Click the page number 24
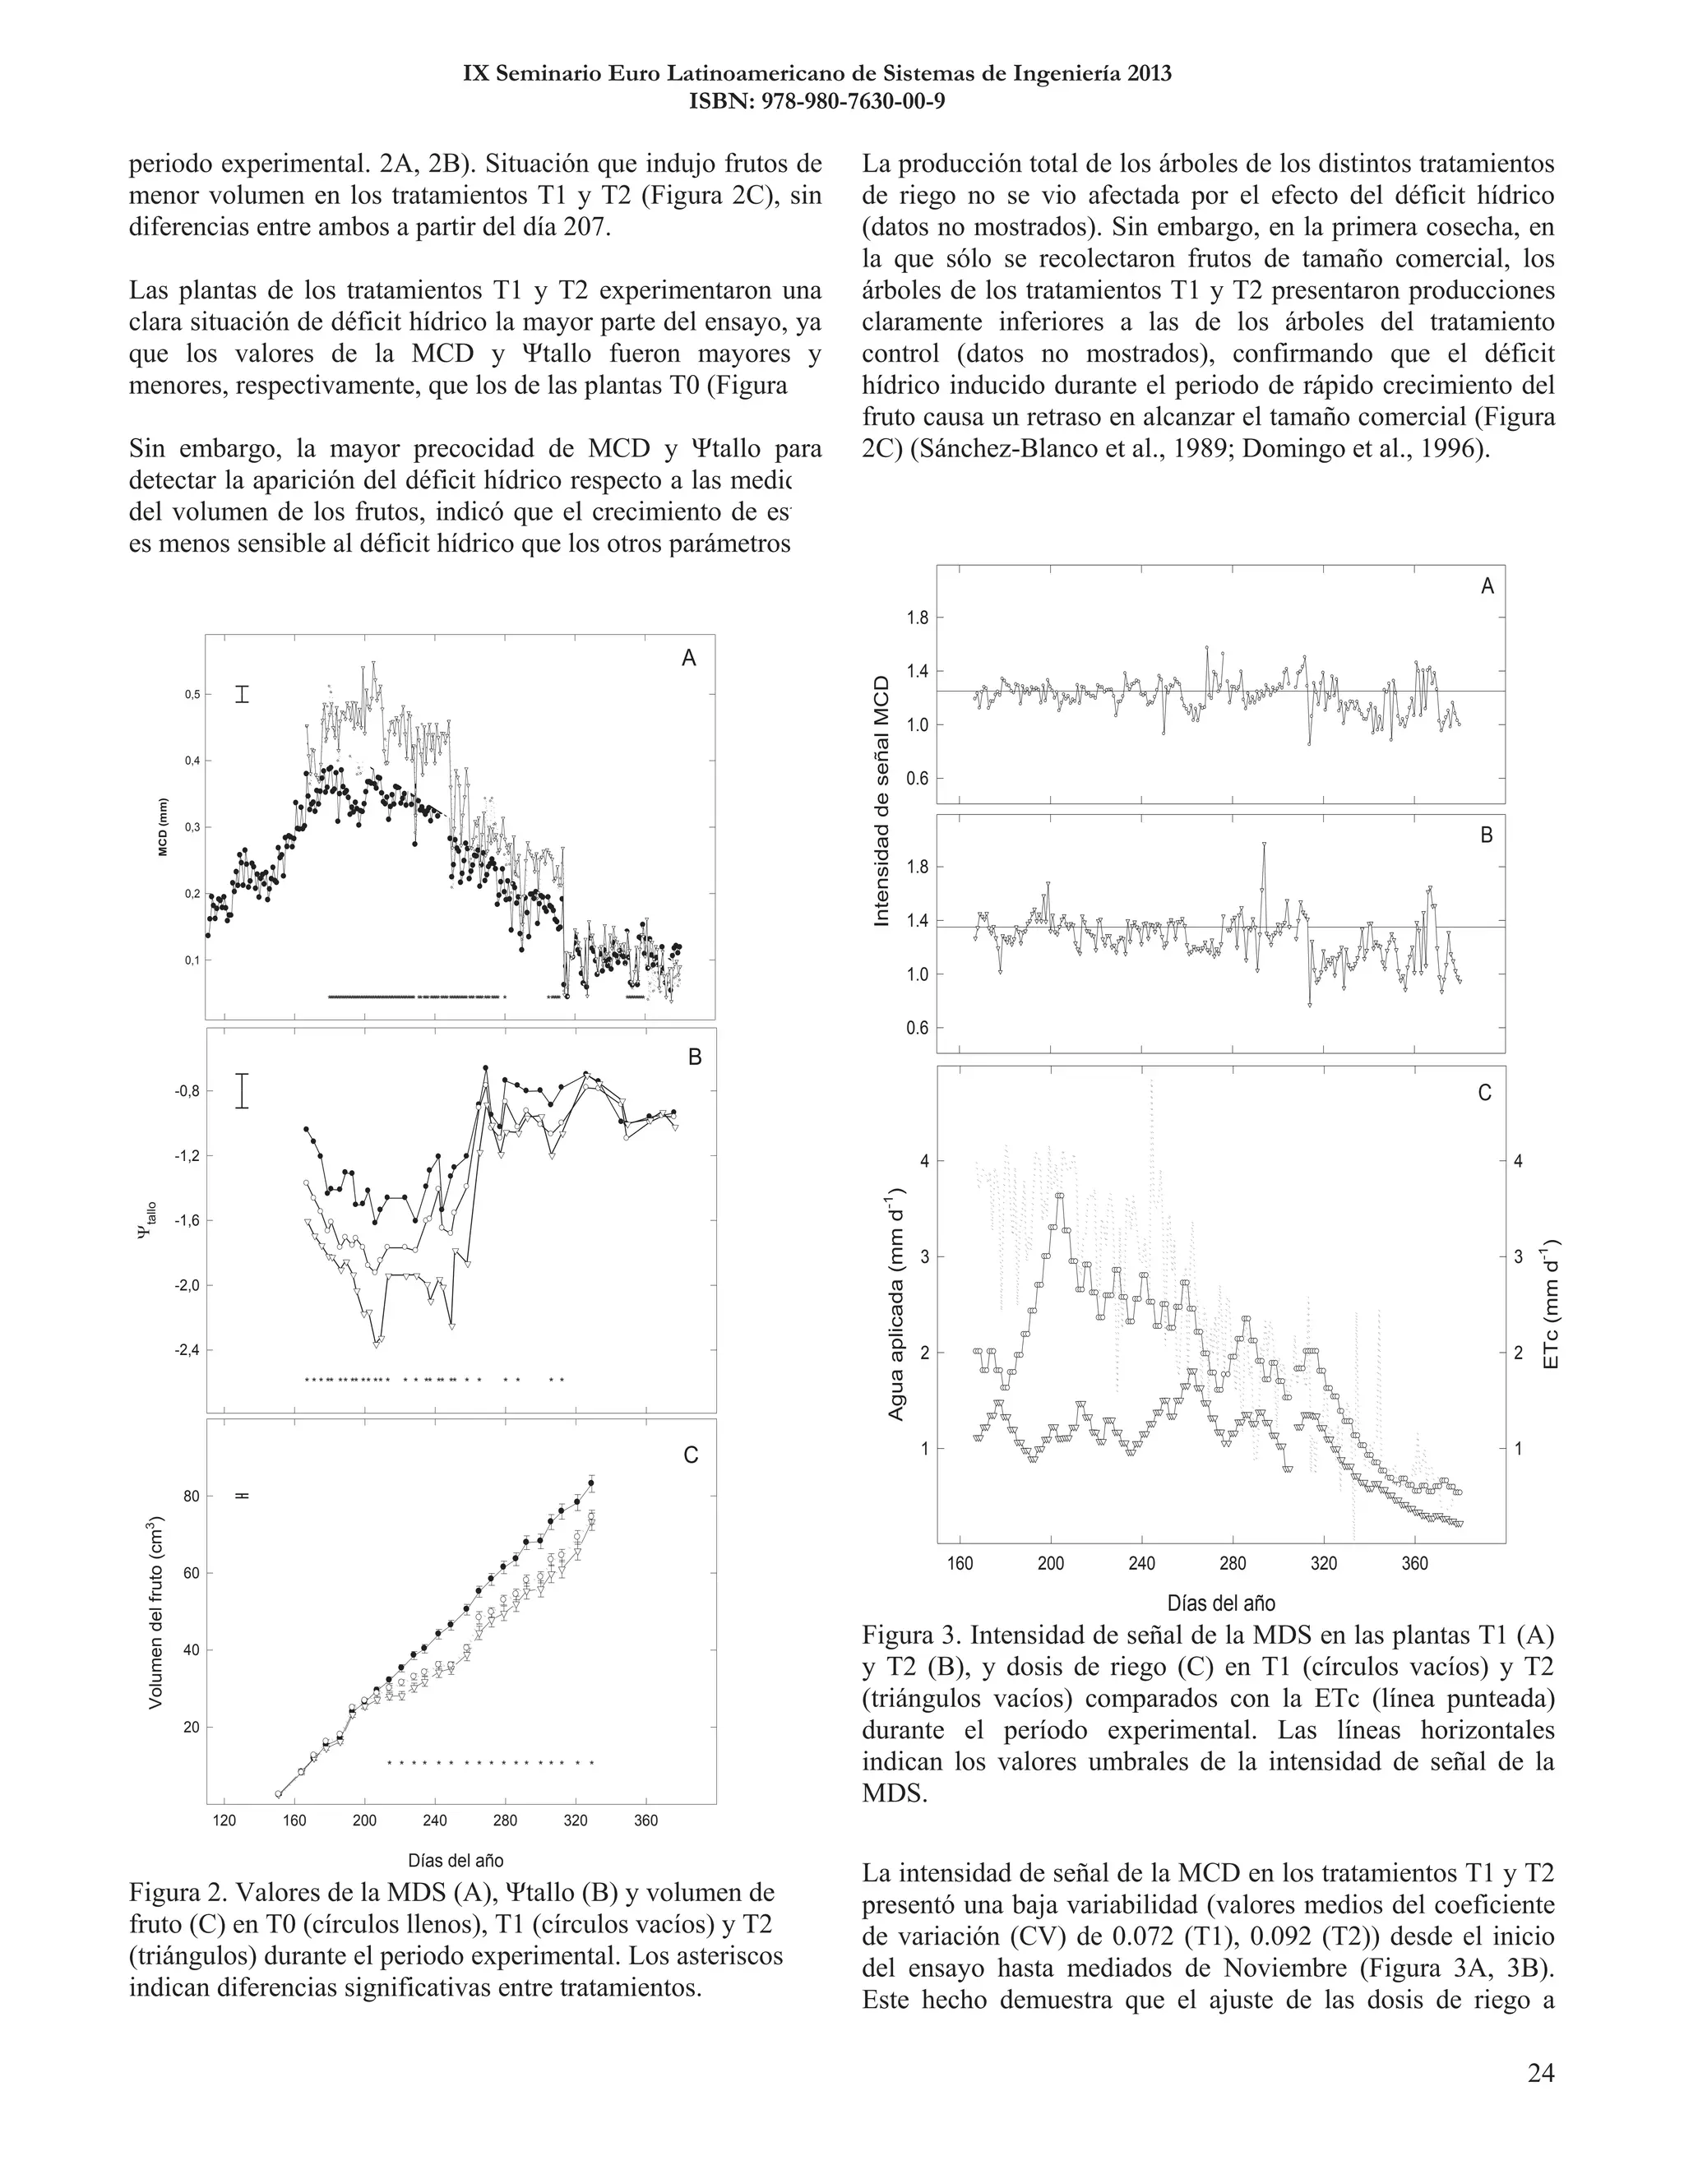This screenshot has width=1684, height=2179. (1539, 2073)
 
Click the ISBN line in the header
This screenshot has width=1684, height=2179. (817, 101)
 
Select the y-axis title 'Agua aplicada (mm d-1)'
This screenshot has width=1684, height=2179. (896, 1304)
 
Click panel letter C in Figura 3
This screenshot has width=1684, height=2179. (1483, 1094)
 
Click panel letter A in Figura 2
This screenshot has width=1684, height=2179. (688, 658)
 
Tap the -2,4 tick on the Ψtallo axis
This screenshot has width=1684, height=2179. (187, 1350)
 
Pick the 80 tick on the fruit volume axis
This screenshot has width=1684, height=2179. (191, 1497)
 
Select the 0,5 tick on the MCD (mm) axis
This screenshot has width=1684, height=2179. (191, 695)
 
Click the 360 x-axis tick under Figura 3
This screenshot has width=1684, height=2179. (1414, 1563)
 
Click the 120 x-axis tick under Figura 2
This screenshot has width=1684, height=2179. (224, 1820)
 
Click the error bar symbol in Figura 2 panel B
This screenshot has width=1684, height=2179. (242, 1090)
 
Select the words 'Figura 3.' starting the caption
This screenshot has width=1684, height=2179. (911, 1635)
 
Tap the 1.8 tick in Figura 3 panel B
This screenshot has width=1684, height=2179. (917, 867)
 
